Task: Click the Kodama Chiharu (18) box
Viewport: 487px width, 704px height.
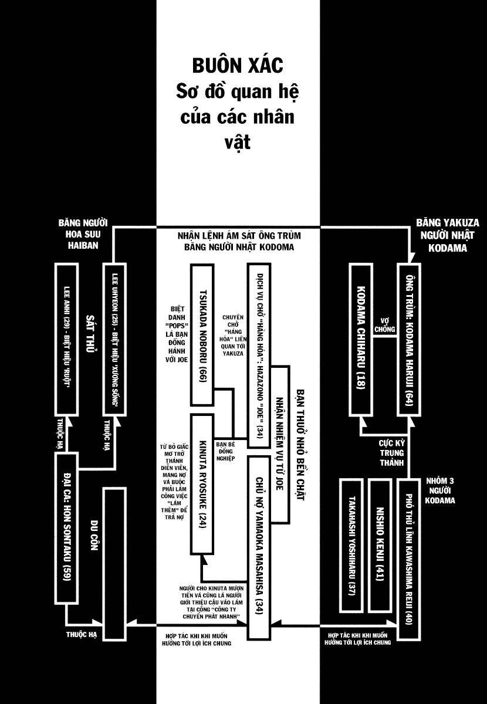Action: [x=361, y=339]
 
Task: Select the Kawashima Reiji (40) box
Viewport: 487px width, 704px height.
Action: [x=409, y=557]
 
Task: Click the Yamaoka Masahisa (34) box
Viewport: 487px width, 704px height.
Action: [x=259, y=546]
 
